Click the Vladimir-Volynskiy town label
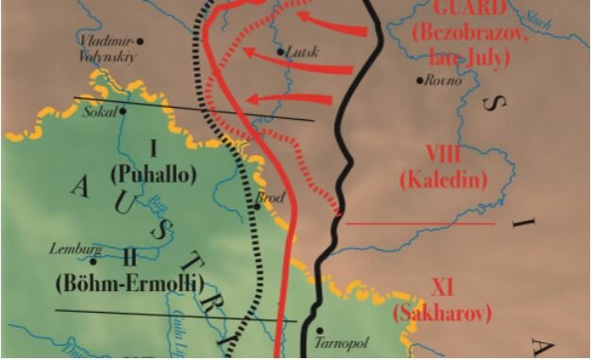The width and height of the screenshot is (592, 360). tap(106, 48)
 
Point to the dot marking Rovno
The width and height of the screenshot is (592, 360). tap(419, 79)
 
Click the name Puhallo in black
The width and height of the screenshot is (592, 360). tap(151, 174)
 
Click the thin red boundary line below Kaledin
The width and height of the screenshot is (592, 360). tap(420, 224)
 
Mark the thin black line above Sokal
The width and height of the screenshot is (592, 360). tap(189, 109)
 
